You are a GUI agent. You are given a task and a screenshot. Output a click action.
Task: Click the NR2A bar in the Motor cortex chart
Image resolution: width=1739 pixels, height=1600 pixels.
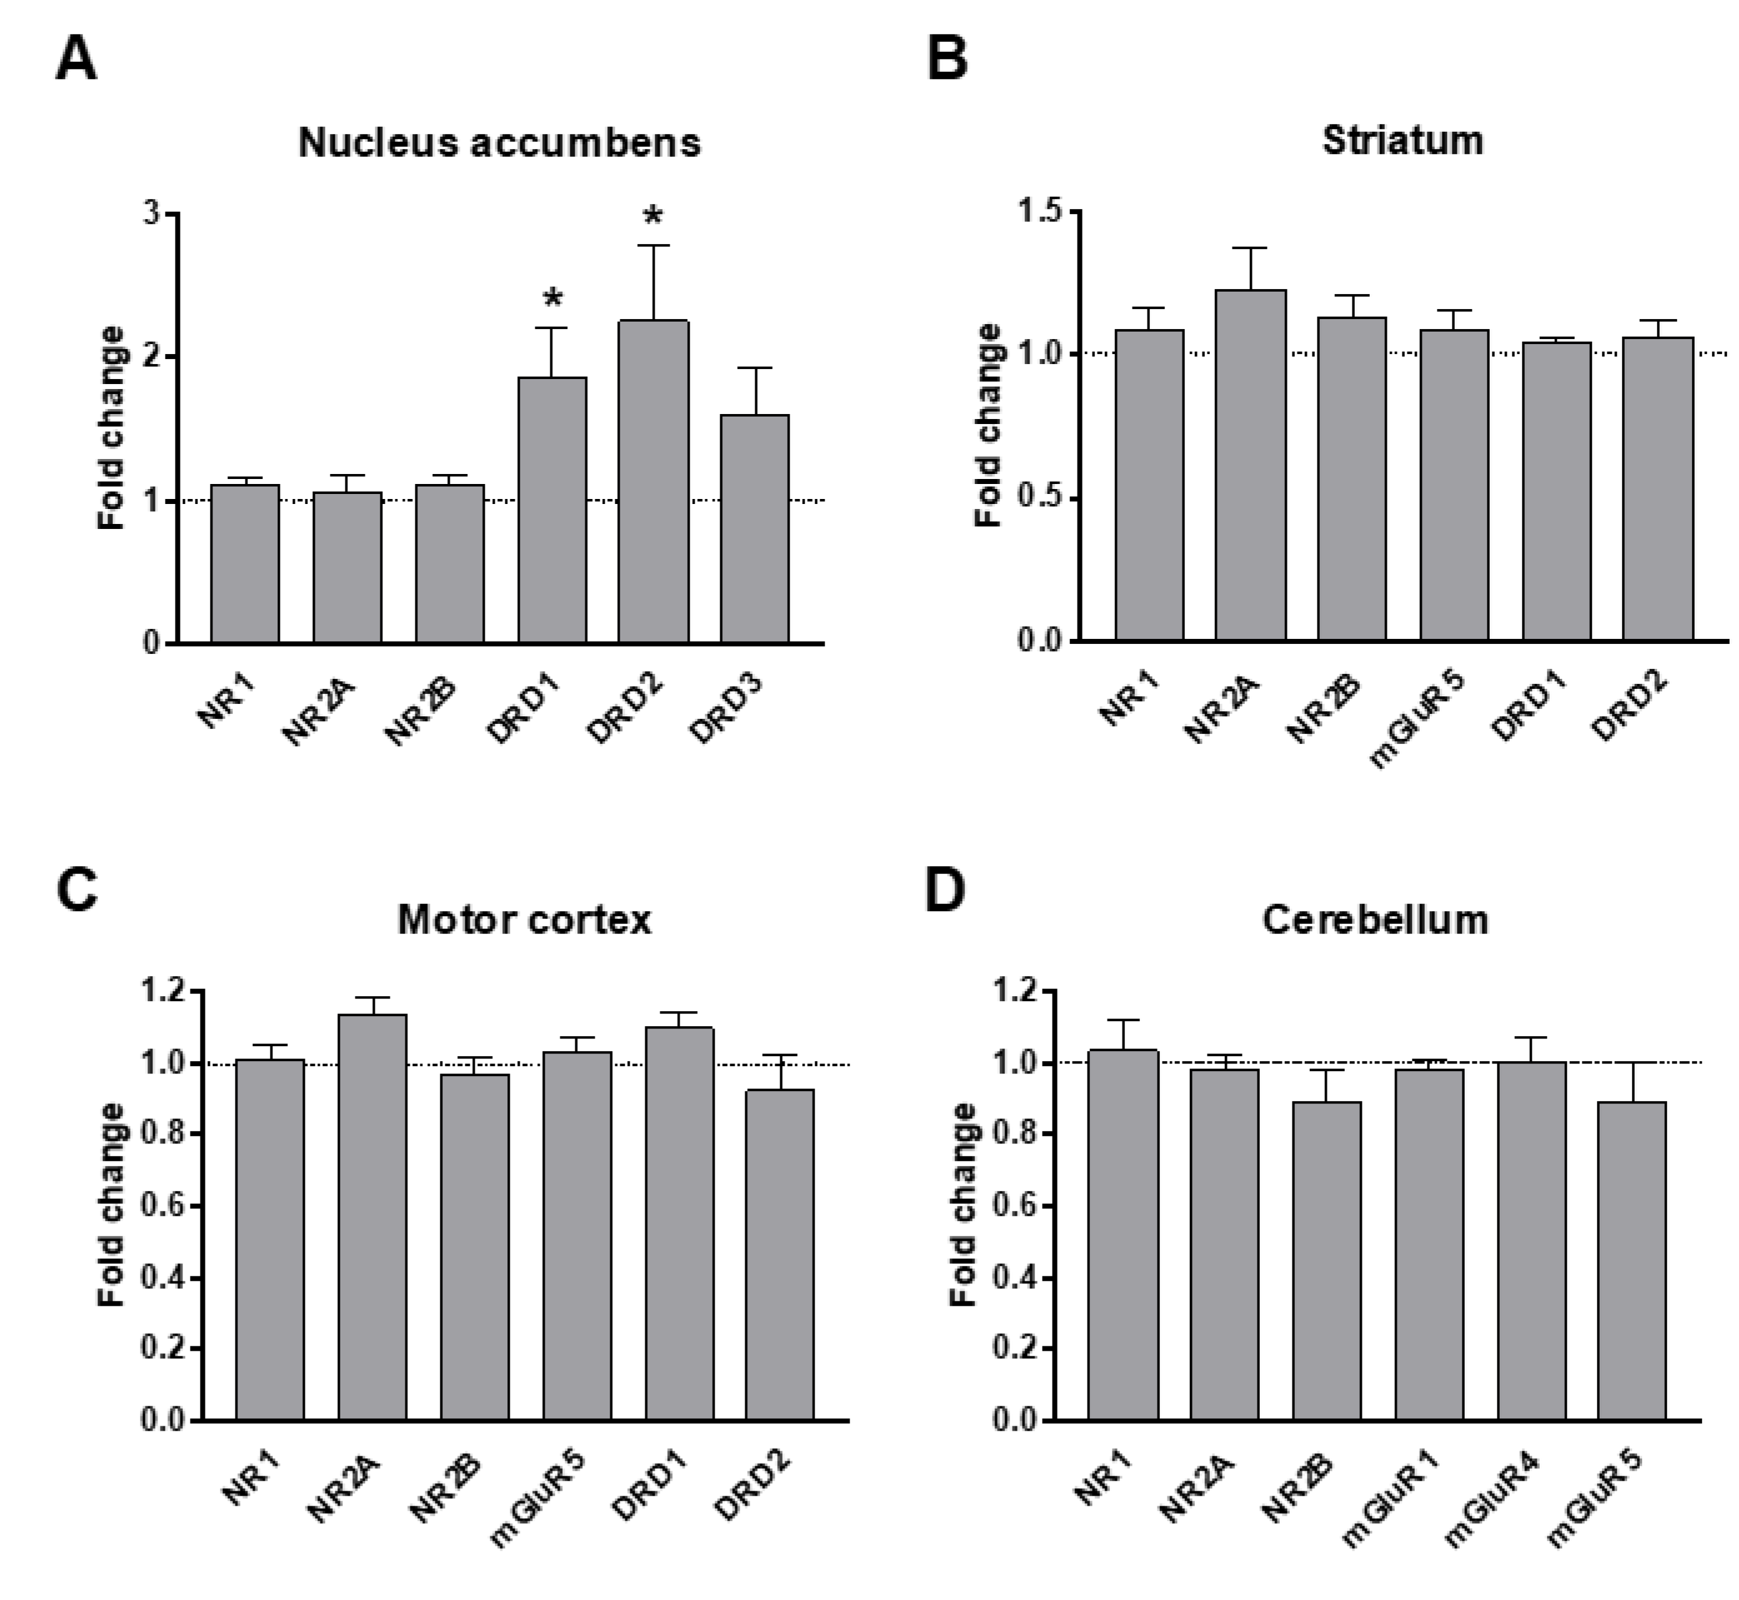372,1217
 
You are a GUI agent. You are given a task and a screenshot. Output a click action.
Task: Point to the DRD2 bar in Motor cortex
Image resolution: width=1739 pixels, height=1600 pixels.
780,1253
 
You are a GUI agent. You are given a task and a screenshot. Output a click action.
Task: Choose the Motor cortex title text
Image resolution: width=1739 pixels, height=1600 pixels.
524,919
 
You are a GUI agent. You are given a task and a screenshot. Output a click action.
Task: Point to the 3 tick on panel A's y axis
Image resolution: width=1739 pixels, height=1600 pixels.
152,213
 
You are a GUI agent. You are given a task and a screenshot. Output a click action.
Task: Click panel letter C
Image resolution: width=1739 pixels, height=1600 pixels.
76,890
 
